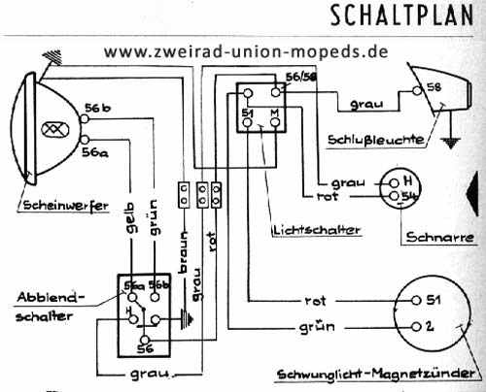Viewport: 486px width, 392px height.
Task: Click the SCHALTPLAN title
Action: (x=402, y=16)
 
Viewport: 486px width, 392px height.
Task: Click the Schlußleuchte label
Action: (x=375, y=139)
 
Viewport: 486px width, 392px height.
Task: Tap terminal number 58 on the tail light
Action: (x=433, y=86)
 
